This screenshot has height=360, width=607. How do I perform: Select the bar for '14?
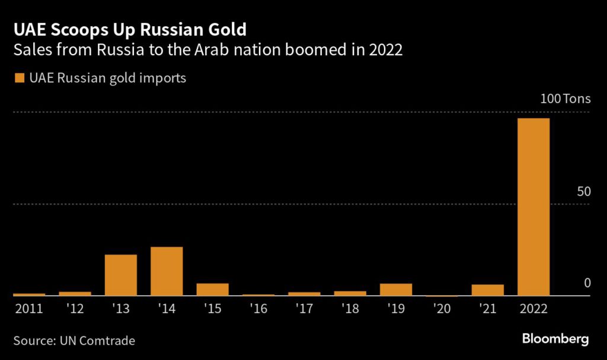167,271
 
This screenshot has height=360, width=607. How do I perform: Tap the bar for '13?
121,275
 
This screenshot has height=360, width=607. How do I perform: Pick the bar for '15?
212,289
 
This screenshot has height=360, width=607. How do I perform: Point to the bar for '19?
396,289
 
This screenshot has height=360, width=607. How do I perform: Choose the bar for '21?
488,290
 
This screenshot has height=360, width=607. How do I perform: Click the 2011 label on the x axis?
28,308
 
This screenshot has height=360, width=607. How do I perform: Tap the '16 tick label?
258,308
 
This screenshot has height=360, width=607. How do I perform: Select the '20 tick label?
442,308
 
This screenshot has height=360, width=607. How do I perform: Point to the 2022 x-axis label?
533,308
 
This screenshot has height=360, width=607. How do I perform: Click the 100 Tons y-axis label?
566,98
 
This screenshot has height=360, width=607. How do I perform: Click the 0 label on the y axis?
587,283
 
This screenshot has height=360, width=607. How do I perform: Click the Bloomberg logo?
555,339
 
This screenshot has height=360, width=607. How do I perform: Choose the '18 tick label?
350,308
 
